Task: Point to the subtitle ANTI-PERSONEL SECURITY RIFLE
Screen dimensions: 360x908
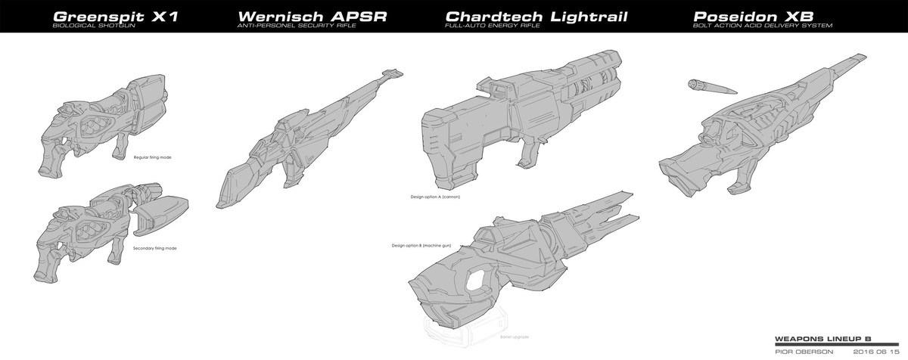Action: pos(291,26)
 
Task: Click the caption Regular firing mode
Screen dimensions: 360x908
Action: pos(152,157)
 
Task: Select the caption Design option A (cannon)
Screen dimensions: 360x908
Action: pos(435,196)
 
